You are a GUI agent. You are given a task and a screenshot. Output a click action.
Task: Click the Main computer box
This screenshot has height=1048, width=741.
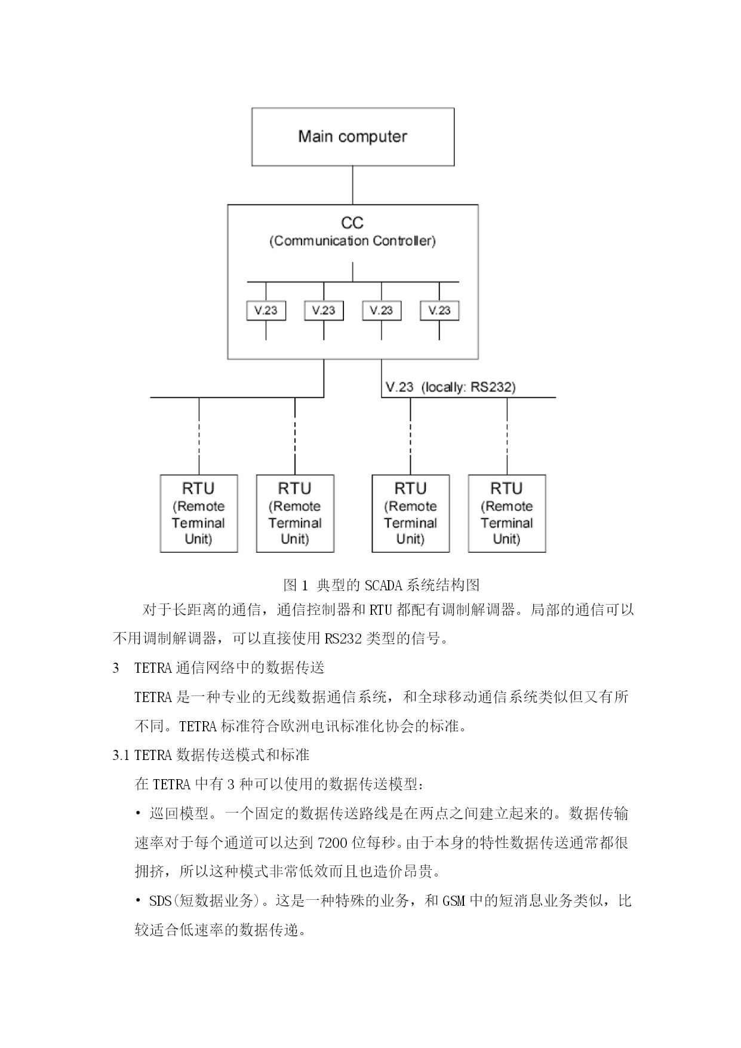(353, 137)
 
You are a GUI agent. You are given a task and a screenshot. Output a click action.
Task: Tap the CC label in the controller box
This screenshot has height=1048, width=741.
(352, 223)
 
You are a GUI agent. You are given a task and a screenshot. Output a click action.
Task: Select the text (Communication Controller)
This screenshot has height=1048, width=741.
(353, 241)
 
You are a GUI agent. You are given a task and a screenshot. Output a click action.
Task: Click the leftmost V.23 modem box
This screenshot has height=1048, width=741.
(266, 310)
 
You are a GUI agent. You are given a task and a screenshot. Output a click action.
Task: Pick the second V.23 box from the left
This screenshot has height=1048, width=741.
(324, 310)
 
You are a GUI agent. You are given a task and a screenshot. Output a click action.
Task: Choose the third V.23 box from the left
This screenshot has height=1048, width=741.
(382, 310)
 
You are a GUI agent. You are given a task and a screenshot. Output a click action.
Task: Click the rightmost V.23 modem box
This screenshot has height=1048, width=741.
(439, 310)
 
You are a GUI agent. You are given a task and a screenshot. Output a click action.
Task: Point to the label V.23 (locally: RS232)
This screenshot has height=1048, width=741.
(451, 387)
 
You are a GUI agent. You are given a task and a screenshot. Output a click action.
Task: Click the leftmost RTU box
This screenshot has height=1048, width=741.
(199, 514)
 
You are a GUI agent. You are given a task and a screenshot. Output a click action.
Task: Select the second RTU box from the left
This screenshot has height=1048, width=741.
(295, 514)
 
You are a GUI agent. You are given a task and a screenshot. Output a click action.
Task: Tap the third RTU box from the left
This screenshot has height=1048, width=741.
(411, 514)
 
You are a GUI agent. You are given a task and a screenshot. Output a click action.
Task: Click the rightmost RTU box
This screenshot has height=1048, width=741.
(507, 514)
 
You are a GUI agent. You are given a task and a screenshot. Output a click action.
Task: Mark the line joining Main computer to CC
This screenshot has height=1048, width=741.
(352, 185)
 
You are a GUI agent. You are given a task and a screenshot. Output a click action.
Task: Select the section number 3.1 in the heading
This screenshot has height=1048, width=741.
(121, 755)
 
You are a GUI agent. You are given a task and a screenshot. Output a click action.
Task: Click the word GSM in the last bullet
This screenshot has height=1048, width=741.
(454, 901)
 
